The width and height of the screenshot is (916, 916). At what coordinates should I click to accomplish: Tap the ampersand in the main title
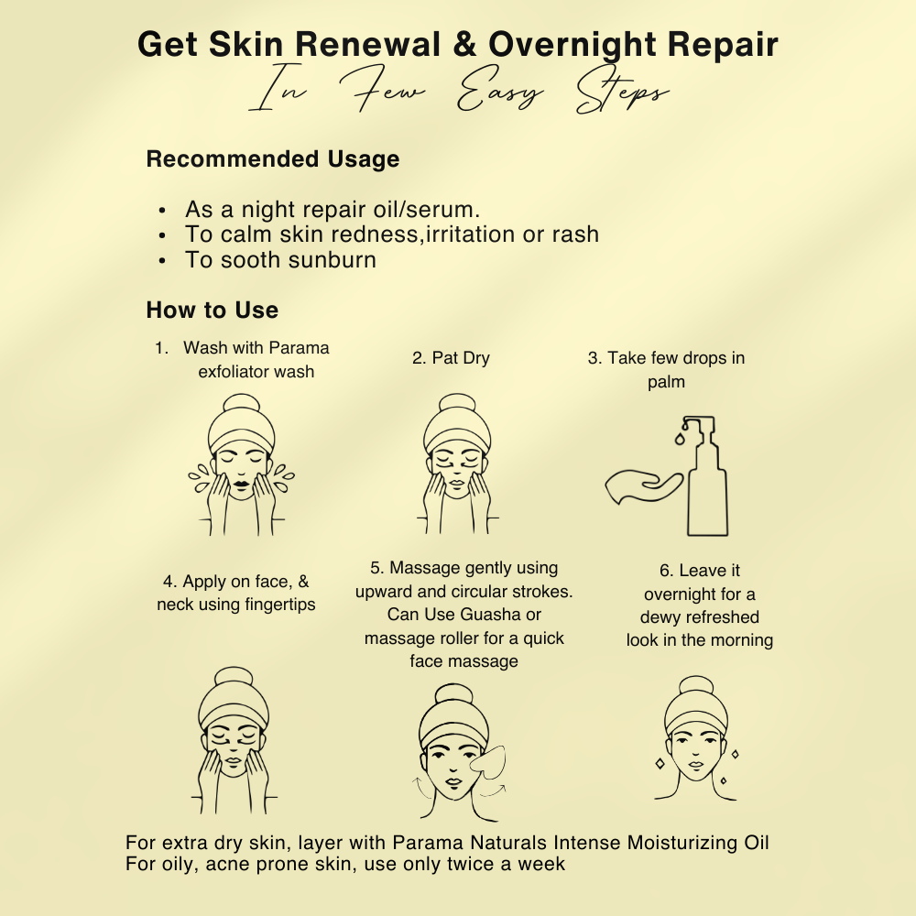tap(464, 44)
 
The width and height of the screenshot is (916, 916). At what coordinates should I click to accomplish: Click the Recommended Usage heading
tap(273, 158)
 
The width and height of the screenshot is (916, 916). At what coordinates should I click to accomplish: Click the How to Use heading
tap(213, 311)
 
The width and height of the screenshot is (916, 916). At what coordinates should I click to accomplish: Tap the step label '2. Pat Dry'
tap(451, 358)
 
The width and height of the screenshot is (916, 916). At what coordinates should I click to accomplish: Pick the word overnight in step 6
tap(675, 594)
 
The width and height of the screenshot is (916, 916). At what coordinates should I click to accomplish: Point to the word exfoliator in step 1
tap(230, 372)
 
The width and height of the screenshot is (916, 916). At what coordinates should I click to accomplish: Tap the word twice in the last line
tap(467, 864)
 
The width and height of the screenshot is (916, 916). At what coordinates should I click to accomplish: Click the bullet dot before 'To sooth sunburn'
tap(162, 261)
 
